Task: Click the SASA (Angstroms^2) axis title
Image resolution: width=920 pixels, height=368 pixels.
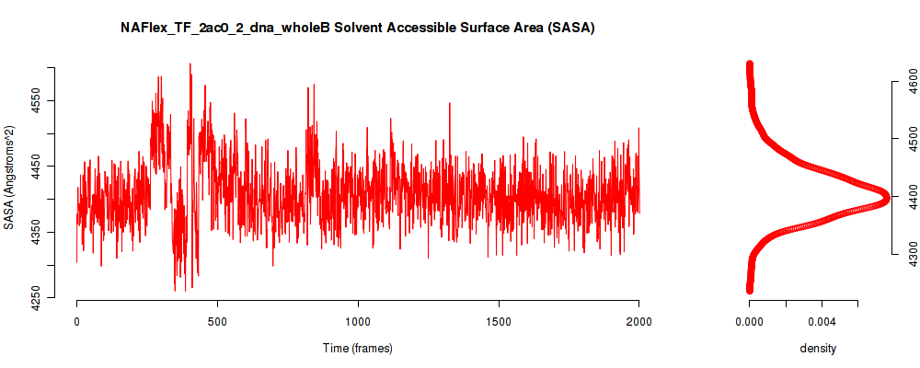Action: coord(9,178)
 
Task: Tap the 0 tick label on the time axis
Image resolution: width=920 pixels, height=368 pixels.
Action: coord(77,320)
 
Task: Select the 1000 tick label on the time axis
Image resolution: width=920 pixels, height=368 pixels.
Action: coord(358,320)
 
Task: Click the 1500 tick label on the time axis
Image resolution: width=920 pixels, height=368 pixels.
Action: coord(499,320)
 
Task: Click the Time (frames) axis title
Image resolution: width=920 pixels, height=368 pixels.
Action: coord(358,348)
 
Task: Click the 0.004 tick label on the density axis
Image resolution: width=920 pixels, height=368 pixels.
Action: coord(822,320)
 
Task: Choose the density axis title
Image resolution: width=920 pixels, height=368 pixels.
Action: coord(818,349)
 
